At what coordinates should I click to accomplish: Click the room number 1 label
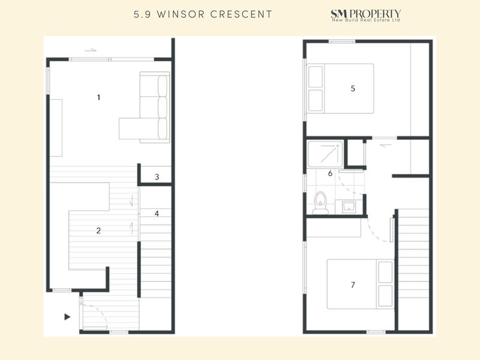[98, 97]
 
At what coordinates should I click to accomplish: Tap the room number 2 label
[98, 230]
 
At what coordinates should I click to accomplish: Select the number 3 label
[157, 177]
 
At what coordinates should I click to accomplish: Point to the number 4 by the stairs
[157, 213]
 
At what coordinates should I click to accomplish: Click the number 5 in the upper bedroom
[353, 88]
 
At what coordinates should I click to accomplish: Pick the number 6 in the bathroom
[330, 173]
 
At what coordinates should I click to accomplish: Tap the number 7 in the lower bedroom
[353, 284]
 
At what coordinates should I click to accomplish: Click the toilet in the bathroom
[321, 203]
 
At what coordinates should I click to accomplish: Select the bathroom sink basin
[348, 207]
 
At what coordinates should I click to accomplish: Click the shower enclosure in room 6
[325, 154]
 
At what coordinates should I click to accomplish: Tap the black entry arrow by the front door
[67, 316]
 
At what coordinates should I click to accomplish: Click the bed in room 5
[340, 88]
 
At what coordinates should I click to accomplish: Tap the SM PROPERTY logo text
[366, 13]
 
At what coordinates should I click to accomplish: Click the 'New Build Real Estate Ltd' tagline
[367, 21]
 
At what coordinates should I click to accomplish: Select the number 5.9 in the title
[143, 14]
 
